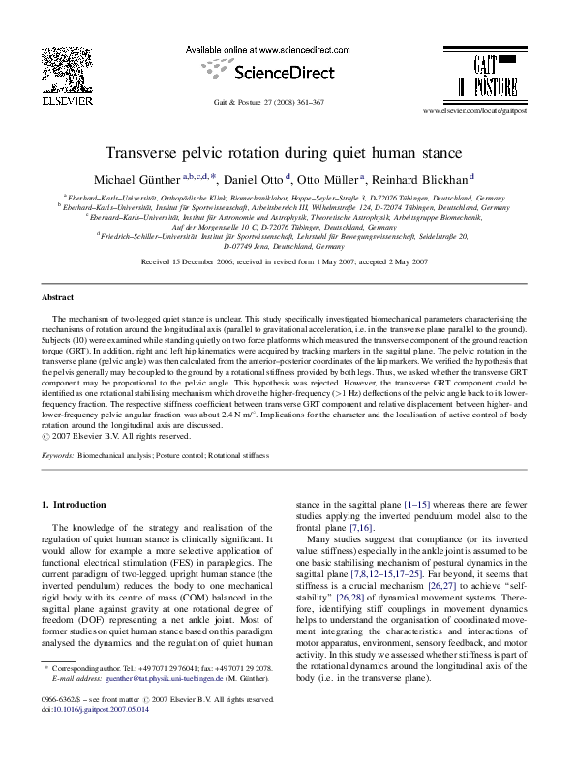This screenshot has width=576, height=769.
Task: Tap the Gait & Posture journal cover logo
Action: (x=482, y=77)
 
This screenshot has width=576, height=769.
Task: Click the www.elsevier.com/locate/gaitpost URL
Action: (x=475, y=112)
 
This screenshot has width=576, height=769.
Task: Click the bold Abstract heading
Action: (x=59, y=297)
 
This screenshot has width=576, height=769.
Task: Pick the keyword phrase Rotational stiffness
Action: (x=236, y=454)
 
